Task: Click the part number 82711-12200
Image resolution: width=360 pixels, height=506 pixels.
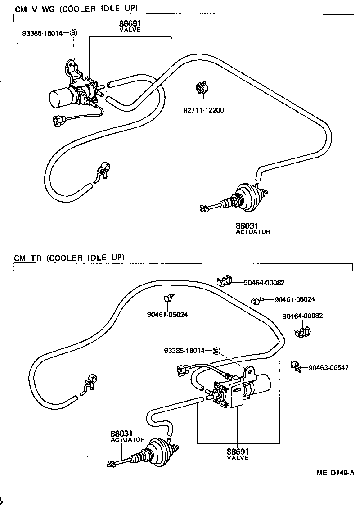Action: [203, 110]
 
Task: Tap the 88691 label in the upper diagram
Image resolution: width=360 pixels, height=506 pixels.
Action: [130, 24]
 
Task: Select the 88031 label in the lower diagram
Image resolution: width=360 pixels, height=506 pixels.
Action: [121, 434]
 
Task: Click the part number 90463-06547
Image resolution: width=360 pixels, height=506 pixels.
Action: [328, 368]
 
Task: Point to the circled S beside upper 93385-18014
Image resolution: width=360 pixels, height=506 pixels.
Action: [74, 32]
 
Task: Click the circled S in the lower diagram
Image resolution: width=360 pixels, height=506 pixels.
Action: [216, 351]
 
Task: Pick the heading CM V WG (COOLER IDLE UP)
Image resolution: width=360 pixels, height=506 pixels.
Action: [76, 9]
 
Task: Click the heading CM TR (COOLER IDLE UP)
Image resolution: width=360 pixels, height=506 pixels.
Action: [69, 258]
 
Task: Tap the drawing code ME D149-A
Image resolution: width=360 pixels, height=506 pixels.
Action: [335, 473]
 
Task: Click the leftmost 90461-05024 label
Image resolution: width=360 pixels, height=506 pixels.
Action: [167, 315]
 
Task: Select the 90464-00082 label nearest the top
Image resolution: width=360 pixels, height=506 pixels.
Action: [264, 283]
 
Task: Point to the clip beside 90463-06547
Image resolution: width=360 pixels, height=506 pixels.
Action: [295, 366]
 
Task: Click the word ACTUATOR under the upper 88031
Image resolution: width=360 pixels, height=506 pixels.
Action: [253, 232]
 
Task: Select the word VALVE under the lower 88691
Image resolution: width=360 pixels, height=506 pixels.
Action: [238, 457]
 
